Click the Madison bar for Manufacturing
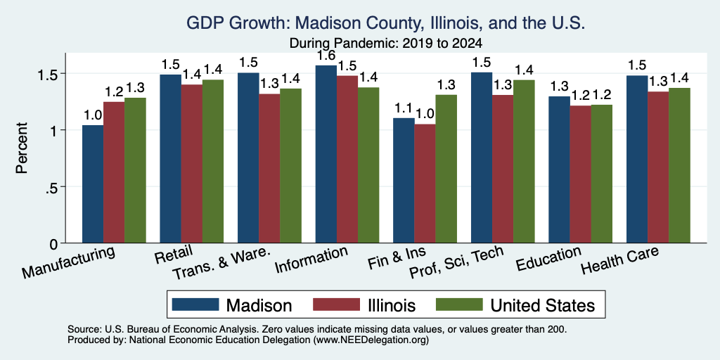93,184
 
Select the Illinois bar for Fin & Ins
425,184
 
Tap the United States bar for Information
368,165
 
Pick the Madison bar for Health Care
637,160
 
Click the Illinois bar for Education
580,174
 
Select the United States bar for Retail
213,161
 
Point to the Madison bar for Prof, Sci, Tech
482,157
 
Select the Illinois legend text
392,305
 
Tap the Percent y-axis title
22,148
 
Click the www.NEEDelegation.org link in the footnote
371,340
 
